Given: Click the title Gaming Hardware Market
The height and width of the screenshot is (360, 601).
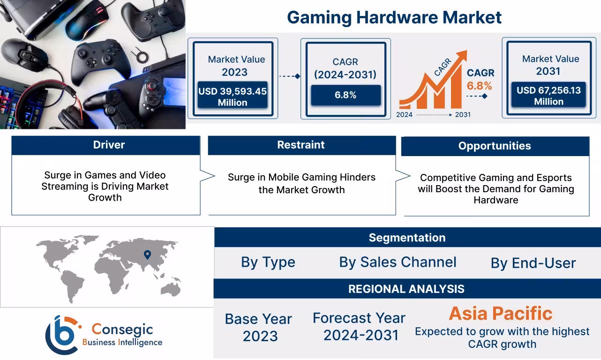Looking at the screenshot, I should coord(394,17).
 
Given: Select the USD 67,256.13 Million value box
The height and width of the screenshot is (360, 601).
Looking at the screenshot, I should coord(548,96).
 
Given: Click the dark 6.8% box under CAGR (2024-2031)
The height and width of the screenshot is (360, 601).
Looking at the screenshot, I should coord(346,95).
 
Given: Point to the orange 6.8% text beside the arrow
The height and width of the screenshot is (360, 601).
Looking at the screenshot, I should coord(479,86).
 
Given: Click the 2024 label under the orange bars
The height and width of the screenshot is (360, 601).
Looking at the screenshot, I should coord(404,115).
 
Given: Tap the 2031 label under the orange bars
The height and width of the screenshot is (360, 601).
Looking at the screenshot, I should coord(462,115).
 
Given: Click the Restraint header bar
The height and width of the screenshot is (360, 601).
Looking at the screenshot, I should coord(301,145).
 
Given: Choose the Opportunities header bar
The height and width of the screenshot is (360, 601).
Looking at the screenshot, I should coord(495,146).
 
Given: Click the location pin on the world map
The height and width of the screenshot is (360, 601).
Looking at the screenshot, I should coord(147,255).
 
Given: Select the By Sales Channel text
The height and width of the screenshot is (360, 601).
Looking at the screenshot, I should coord(398,262).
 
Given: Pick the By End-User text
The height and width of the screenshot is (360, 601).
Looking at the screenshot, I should coord(533,263).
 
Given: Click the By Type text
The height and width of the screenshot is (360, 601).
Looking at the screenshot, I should coord(268,262).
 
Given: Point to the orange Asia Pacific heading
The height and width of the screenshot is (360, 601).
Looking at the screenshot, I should coord(501,313).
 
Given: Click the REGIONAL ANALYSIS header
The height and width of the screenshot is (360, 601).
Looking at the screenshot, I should coord(406,289).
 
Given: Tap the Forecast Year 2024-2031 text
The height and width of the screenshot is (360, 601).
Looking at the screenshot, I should coord(359,326).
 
